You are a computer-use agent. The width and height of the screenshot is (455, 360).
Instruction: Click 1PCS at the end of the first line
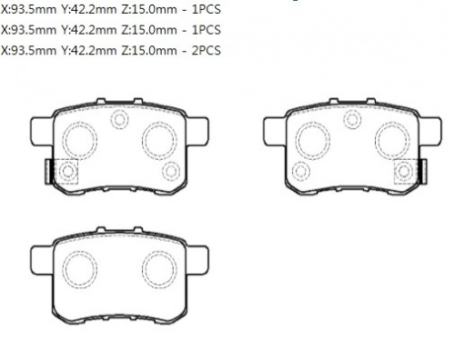[x=206, y=11]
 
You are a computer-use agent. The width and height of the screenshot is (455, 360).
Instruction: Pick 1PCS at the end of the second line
[x=206, y=30]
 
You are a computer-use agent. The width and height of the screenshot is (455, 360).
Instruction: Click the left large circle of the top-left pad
[x=82, y=138]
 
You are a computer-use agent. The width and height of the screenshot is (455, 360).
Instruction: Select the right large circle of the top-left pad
[x=158, y=138]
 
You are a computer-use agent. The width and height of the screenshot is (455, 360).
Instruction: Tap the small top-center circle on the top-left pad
[x=118, y=118]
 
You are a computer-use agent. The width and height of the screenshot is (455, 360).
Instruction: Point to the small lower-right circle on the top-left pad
[x=170, y=171]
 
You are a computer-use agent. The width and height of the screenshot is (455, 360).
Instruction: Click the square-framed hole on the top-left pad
[x=68, y=172]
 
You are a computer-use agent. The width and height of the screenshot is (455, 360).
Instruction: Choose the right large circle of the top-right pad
[x=391, y=138]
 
